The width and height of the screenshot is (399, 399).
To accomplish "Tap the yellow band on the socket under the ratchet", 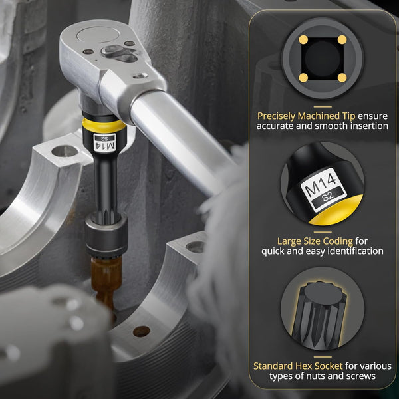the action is [x=104, y=126].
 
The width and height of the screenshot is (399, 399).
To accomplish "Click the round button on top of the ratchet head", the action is [x=98, y=35].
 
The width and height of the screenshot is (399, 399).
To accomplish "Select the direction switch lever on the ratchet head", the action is [x=120, y=53].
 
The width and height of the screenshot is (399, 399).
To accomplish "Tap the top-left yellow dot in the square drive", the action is [x=303, y=40].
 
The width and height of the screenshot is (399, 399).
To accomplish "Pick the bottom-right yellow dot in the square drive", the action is [x=342, y=78].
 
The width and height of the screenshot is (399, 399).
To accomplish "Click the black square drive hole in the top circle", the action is [x=323, y=59].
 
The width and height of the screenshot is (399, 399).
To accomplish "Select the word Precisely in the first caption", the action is [x=277, y=116].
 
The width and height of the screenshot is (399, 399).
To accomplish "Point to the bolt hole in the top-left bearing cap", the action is [x=65, y=151].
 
